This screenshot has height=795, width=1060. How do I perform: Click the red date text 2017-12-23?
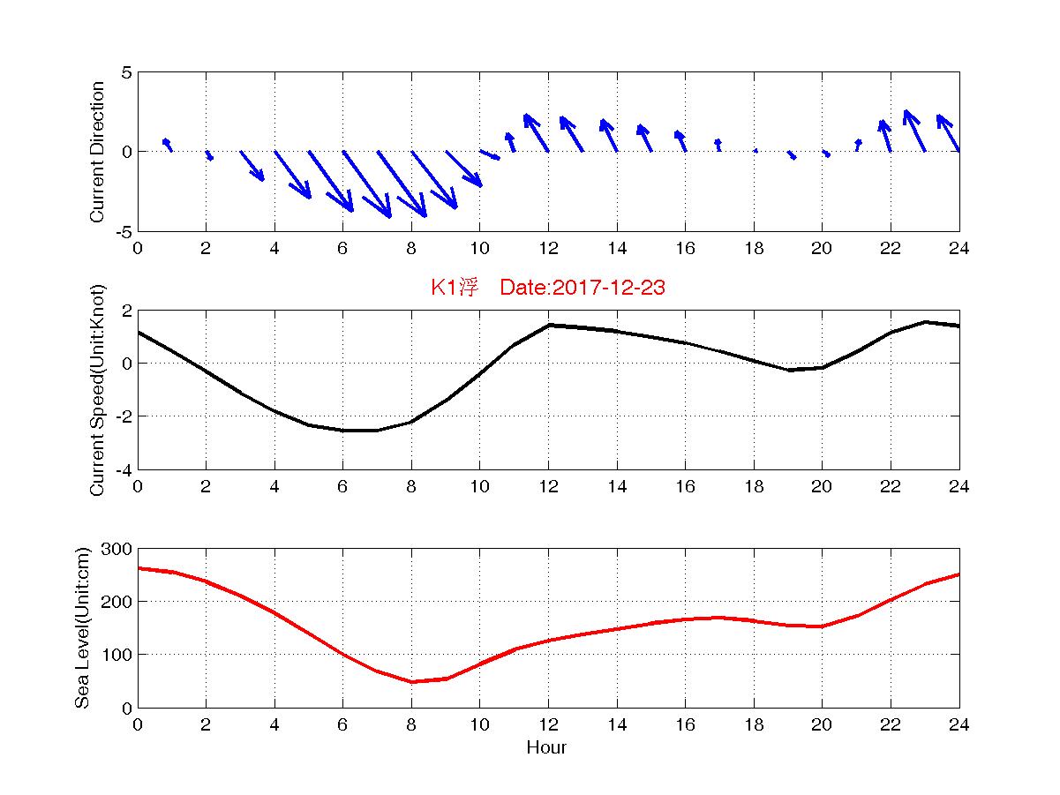point(608,288)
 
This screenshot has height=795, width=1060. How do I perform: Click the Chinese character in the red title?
point(469,287)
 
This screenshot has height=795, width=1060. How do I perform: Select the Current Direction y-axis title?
point(97,152)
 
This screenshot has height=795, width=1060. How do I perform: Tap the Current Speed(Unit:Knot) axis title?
point(97,390)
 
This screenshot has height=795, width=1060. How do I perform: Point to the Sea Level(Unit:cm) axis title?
point(82,627)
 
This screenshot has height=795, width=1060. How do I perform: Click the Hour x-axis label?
point(546,747)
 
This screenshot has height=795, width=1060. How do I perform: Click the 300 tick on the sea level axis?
point(117,549)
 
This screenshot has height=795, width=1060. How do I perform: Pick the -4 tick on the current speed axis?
point(124,470)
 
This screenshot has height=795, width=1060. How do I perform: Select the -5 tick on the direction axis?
point(124,232)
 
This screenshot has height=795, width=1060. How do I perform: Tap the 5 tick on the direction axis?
point(126,73)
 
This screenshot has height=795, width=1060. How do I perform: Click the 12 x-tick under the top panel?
point(549,249)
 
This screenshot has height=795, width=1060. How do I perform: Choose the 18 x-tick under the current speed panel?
point(754,486)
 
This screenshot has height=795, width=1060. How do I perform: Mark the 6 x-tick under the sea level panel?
point(342,724)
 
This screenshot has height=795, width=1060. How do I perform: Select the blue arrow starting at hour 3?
point(252,166)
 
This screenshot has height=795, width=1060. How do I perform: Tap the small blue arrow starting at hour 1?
point(167,145)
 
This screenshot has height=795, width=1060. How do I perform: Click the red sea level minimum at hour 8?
point(411,681)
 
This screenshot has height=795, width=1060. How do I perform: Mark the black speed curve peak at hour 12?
point(549,326)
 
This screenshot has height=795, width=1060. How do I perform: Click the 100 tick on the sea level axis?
point(117,655)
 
